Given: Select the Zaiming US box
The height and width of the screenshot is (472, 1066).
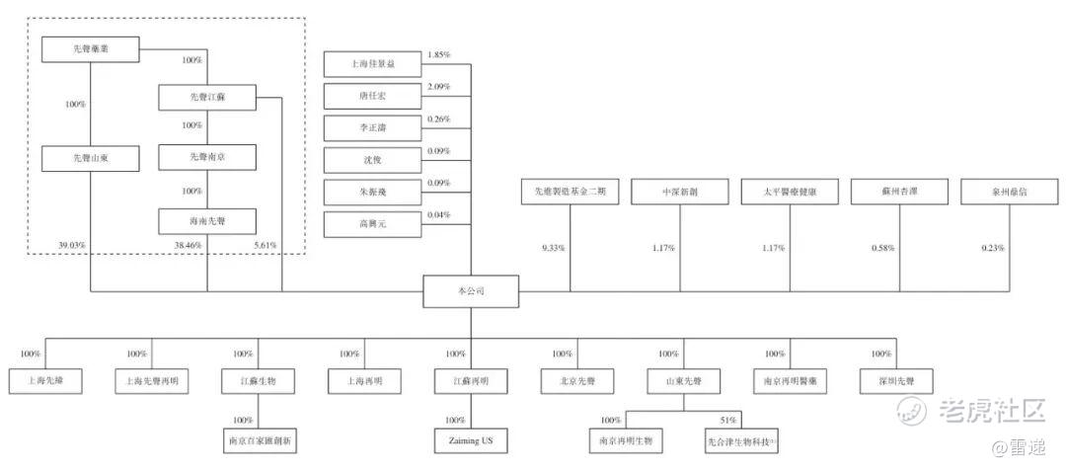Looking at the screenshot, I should [x=470, y=440].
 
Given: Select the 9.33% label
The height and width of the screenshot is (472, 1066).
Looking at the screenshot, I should [x=553, y=248].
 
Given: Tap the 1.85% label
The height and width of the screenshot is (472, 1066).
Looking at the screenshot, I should [x=438, y=55].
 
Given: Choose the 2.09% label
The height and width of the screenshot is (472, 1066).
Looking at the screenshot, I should [x=438, y=88].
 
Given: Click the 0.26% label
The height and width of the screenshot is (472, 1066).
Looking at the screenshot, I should [x=438, y=119].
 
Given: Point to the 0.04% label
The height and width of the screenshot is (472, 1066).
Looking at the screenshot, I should [x=438, y=215].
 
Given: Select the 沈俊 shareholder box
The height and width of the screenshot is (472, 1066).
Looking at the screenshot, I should [x=372, y=161].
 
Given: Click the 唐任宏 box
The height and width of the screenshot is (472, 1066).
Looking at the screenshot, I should [x=372, y=98].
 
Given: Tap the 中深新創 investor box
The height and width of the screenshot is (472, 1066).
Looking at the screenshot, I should [x=680, y=193].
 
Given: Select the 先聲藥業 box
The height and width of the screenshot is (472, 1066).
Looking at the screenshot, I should [x=90, y=49].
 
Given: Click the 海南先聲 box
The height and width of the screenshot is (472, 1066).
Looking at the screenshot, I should [x=207, y=221].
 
